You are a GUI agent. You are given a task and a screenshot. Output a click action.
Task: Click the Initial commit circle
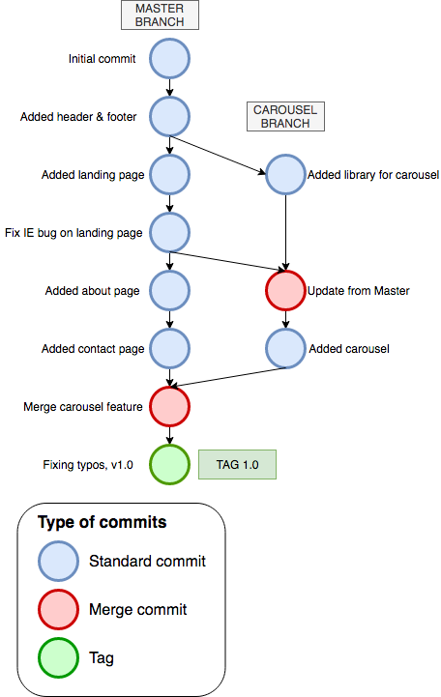169,59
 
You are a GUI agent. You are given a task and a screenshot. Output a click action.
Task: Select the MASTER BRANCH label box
160,15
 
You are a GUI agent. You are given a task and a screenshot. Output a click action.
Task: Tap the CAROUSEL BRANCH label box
285,116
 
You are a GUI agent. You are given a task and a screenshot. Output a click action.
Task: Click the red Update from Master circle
285,291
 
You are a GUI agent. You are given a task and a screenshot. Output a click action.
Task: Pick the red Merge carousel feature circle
169,407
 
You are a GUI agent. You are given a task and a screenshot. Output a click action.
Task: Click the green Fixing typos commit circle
169,465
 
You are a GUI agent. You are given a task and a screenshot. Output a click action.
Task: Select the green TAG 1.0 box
237,465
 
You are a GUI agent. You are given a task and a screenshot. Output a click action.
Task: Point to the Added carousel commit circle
285,348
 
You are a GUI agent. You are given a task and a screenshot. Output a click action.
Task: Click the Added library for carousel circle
285,175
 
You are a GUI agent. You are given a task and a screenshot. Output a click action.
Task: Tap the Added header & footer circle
169,116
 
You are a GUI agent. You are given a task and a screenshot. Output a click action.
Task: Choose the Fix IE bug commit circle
169,232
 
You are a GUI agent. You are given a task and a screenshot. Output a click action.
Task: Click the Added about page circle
169,291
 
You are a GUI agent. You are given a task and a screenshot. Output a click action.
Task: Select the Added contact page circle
169,348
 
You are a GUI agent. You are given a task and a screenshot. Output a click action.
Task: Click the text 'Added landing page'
93,175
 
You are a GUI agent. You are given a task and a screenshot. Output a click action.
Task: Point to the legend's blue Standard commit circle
58,561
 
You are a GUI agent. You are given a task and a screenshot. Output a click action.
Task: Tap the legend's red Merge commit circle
58,609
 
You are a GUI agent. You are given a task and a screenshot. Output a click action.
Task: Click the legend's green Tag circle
58,658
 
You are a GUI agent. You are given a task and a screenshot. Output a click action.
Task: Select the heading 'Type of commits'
103,522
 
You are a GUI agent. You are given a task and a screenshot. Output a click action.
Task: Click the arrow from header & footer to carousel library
218,155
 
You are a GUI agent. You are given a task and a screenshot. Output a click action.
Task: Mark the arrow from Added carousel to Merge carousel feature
228,377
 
